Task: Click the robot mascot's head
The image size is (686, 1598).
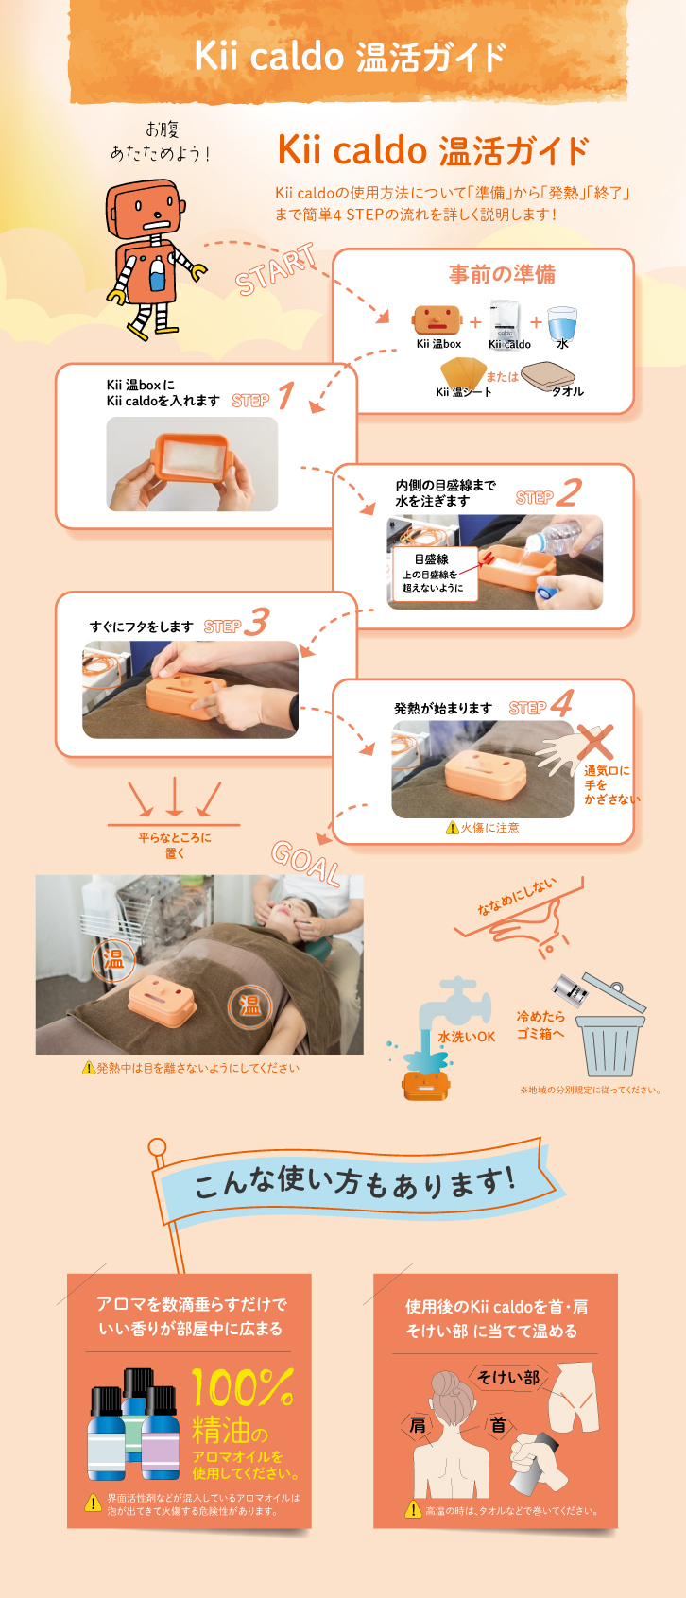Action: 145,209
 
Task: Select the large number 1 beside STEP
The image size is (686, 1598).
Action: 286,395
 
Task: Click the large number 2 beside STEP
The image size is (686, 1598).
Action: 568,492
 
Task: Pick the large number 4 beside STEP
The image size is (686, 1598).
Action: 562,703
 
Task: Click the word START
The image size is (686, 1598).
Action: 276,269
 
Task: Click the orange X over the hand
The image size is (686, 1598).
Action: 594,742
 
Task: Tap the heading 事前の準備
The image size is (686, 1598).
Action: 502,274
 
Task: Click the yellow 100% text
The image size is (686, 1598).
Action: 243,1387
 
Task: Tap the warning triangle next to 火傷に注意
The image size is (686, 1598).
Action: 452,828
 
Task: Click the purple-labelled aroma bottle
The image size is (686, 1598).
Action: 161,1434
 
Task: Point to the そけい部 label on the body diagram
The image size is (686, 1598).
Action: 508,1377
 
